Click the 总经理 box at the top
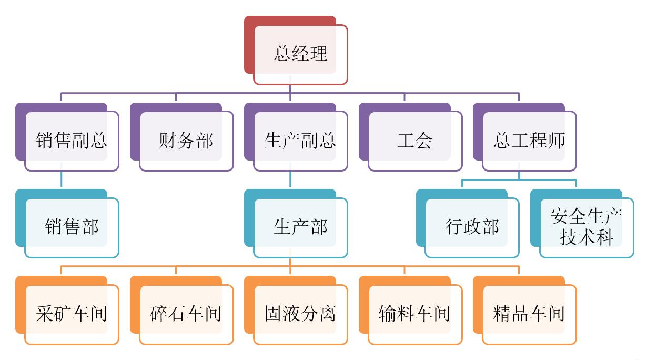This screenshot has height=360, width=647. coord(300,54)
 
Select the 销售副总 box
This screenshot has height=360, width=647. coord(72,141)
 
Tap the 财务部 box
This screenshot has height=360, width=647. coord(186,141)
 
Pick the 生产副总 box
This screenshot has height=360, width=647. coord(300,141)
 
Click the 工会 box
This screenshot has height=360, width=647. coord(415,141)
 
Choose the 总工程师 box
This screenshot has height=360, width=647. coord(529,141)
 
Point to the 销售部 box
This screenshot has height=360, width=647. coord(72,227)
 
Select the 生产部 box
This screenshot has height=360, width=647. coord(300,227)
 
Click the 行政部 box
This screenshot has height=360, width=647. coord(472,227)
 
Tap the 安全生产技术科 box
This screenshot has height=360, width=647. coord(587,227)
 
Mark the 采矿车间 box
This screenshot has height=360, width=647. coord(72,314)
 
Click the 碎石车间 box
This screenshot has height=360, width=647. coord(186,314)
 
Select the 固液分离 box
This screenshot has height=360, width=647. coord(300,314)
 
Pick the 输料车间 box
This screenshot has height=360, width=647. coord(415,314)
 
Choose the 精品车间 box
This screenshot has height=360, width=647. coord(529,314)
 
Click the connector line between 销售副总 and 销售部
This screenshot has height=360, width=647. coord(62,179)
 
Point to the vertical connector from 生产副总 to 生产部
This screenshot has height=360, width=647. coord(290,179)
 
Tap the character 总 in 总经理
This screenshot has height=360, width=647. coord(282,54)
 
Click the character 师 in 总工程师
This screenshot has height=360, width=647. coord(557,141)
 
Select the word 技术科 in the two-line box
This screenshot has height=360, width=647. coord(587,237)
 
